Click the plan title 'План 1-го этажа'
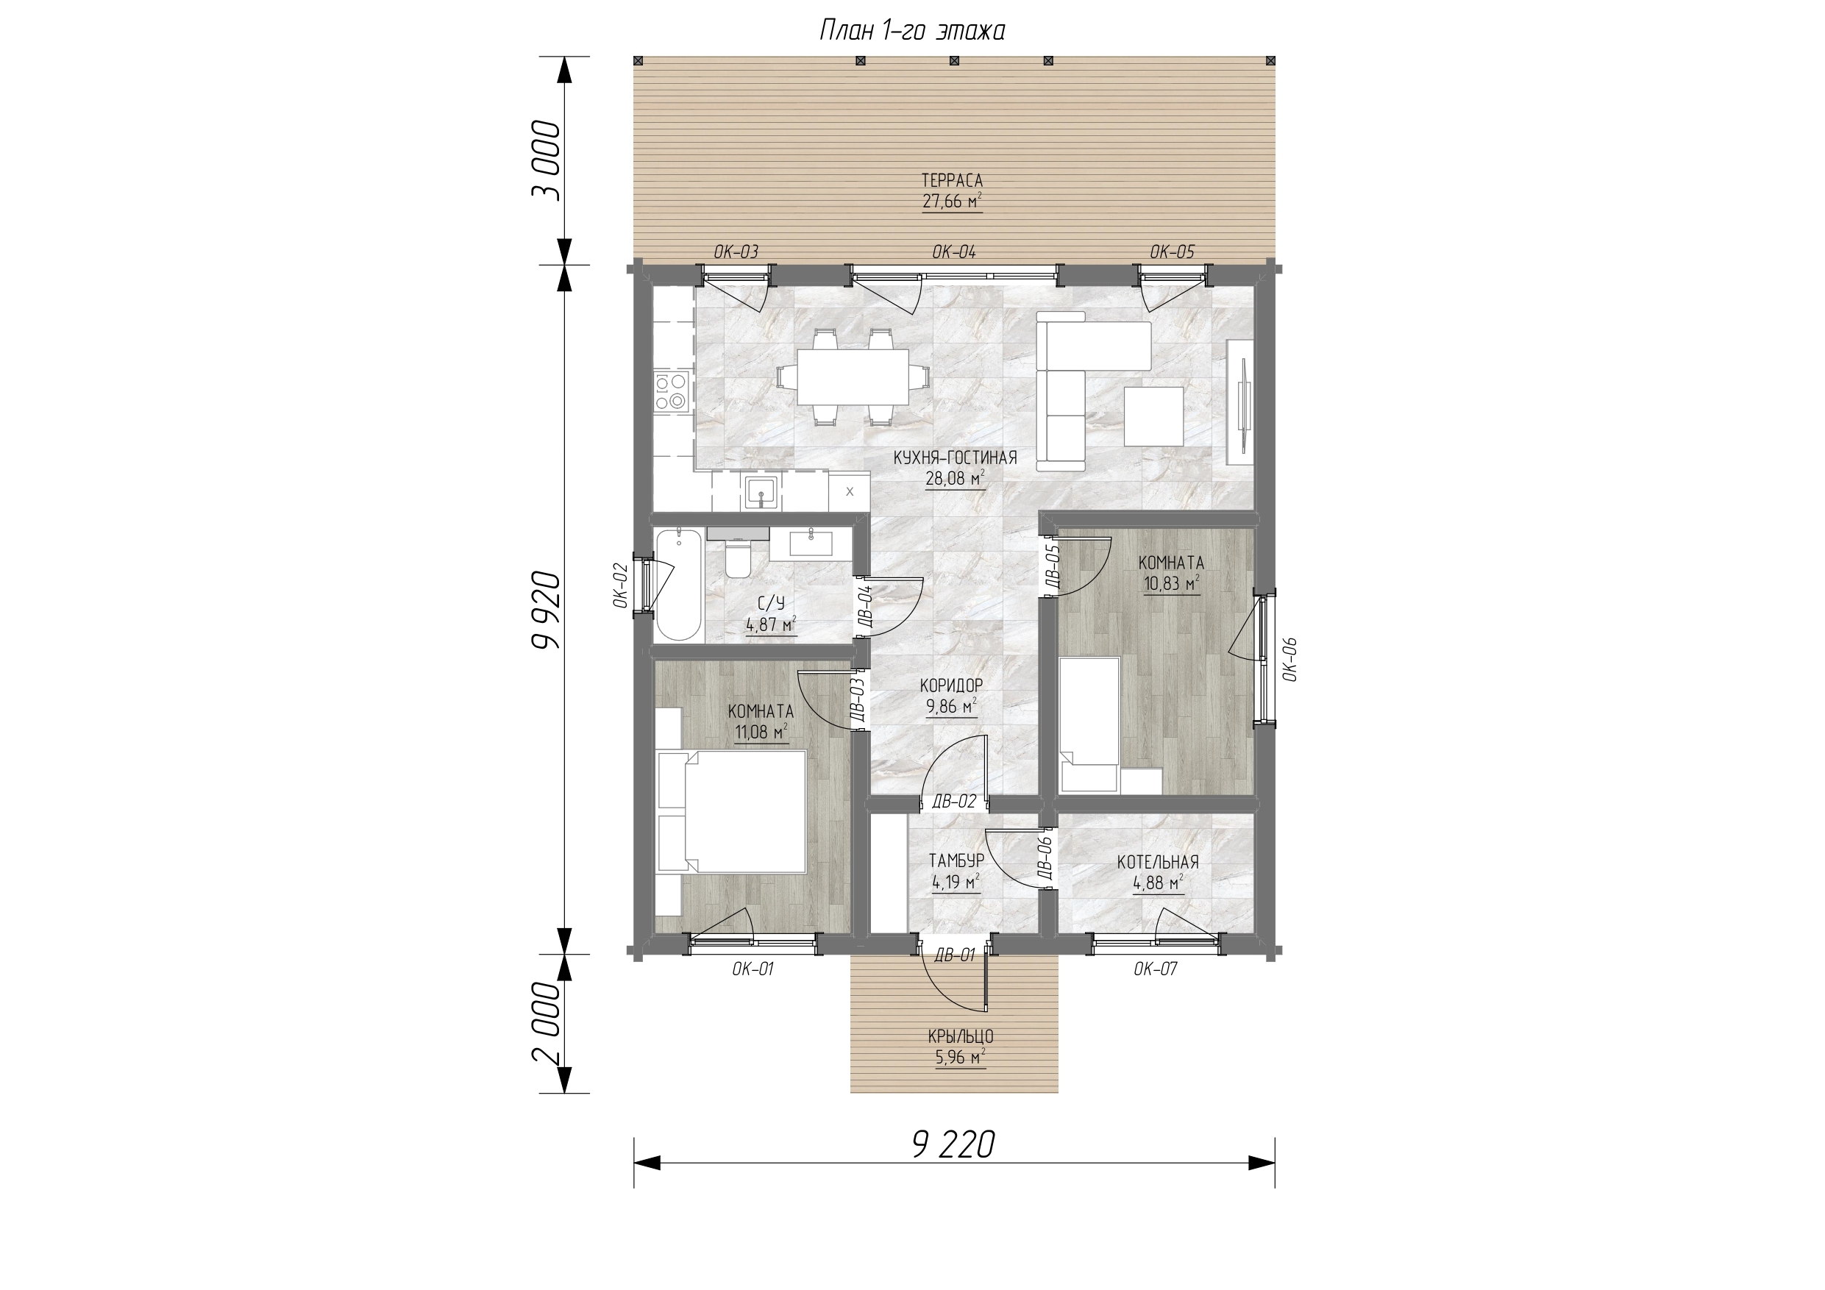(912, 31)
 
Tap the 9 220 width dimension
(954, 1145)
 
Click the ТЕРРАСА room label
(953, 181)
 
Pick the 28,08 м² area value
(956, 478)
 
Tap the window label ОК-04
(954, 253)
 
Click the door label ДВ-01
(955, 955)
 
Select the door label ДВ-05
(1052, 564)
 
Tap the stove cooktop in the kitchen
(671, 392)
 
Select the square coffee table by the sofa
(1153, 416)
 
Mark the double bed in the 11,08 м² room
(732, 810)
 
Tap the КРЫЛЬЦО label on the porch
(961, 1037)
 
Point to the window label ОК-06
(1289, 659)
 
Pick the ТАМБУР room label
(957, 860)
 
